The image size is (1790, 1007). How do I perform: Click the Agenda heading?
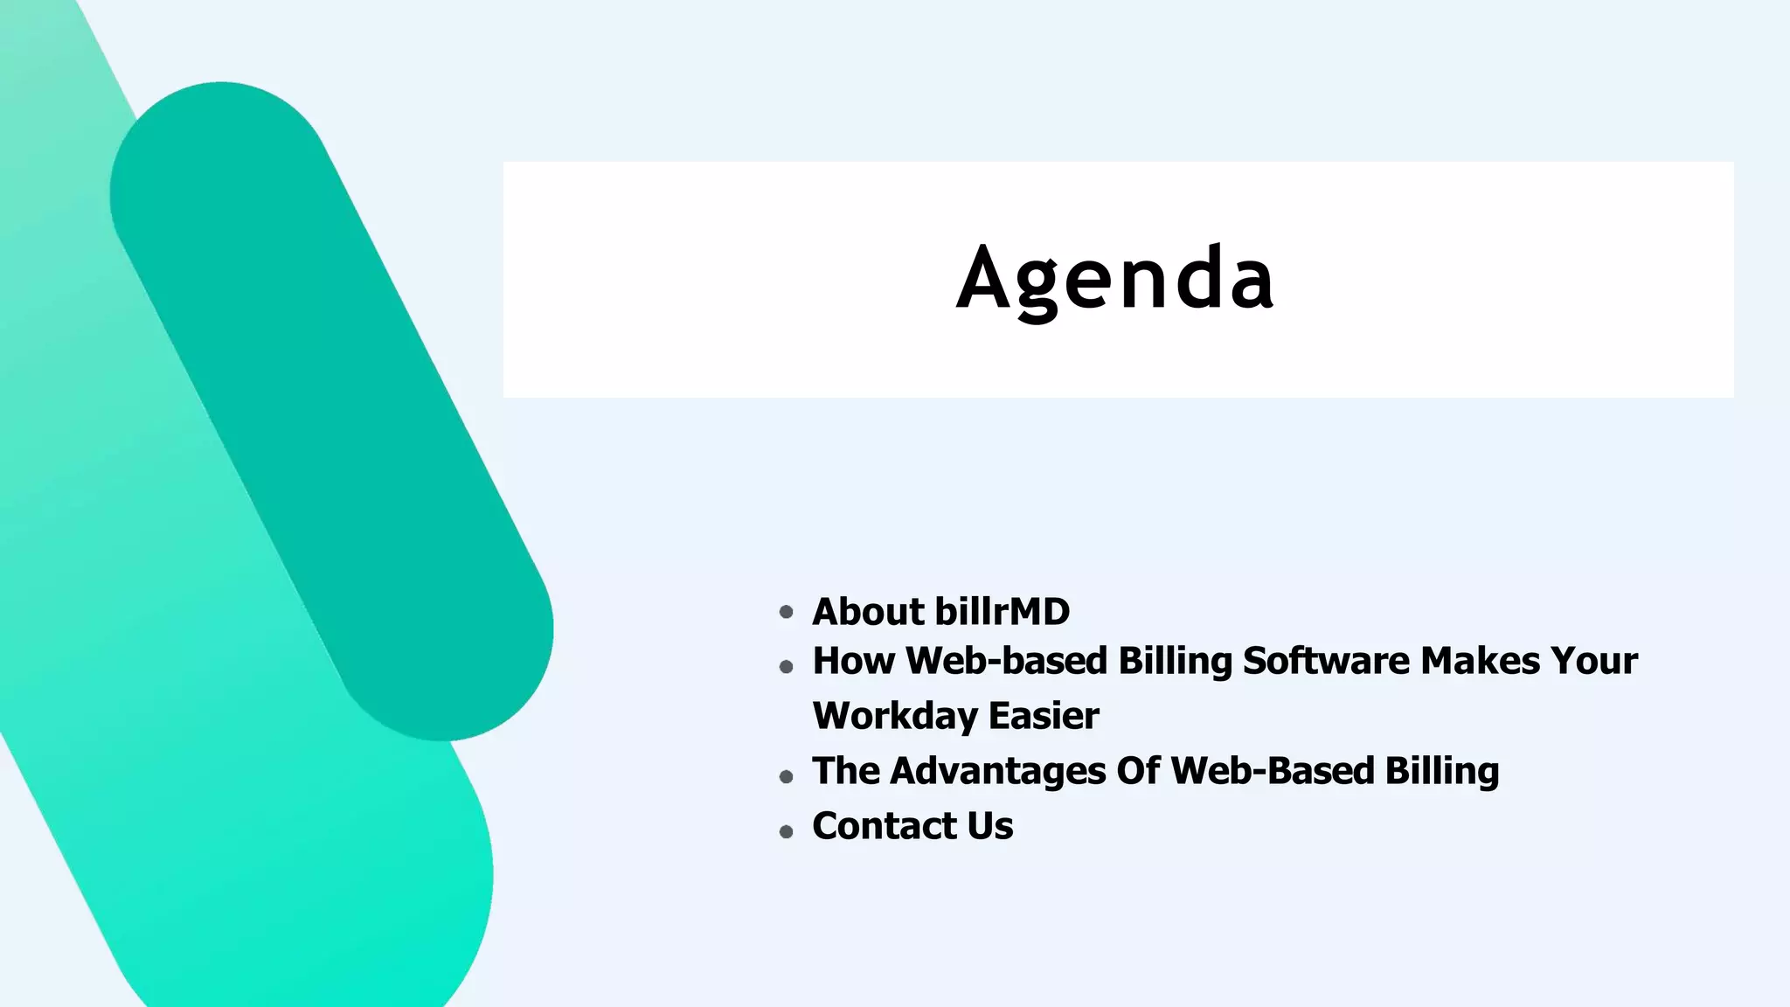[1115, 279]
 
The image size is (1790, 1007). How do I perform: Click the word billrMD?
[1002, 611]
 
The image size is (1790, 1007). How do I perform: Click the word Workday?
[894, 716]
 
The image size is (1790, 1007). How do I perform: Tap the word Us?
[990, 826]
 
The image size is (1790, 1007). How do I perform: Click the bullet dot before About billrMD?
[786, 612]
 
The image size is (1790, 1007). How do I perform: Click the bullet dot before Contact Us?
[786, 831]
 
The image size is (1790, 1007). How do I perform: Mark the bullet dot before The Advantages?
[786, 776]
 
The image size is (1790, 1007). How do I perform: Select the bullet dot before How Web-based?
[786, 667]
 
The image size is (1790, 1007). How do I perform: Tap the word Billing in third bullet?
[1441, 771]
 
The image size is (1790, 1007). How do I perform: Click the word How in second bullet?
[853, 661]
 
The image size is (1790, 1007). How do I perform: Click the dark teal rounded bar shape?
[332, 411]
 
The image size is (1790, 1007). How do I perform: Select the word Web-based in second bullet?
[1006, 661]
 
